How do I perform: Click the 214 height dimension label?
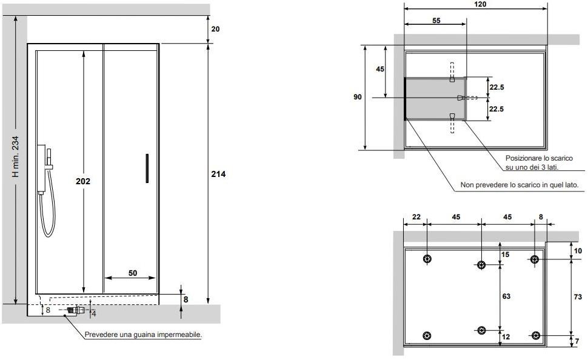tap(218, 174)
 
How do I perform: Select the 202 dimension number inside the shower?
tap(83, 181)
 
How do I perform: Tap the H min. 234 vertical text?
tap(15, 156)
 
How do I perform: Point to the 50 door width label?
tap(133, 273)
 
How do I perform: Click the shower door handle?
tap(147, 168)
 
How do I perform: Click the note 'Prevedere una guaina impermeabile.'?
tap(143, 335)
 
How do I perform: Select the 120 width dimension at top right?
tap(480, 4)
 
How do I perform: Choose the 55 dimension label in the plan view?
tap(436, 21)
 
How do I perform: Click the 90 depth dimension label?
tap(358, 97)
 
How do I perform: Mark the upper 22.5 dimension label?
tap(496, 87)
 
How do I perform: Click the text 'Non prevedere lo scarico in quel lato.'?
tap(520, 185)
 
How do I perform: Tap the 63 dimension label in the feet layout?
tap(506, 296)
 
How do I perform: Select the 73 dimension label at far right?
tap(578, 297)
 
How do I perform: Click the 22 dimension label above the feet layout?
tap(416, 217)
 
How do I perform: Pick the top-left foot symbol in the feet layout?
tap(427, 259)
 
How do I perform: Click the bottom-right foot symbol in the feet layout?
tap(536, 335)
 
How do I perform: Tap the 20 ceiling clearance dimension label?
tap(216, 29)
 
